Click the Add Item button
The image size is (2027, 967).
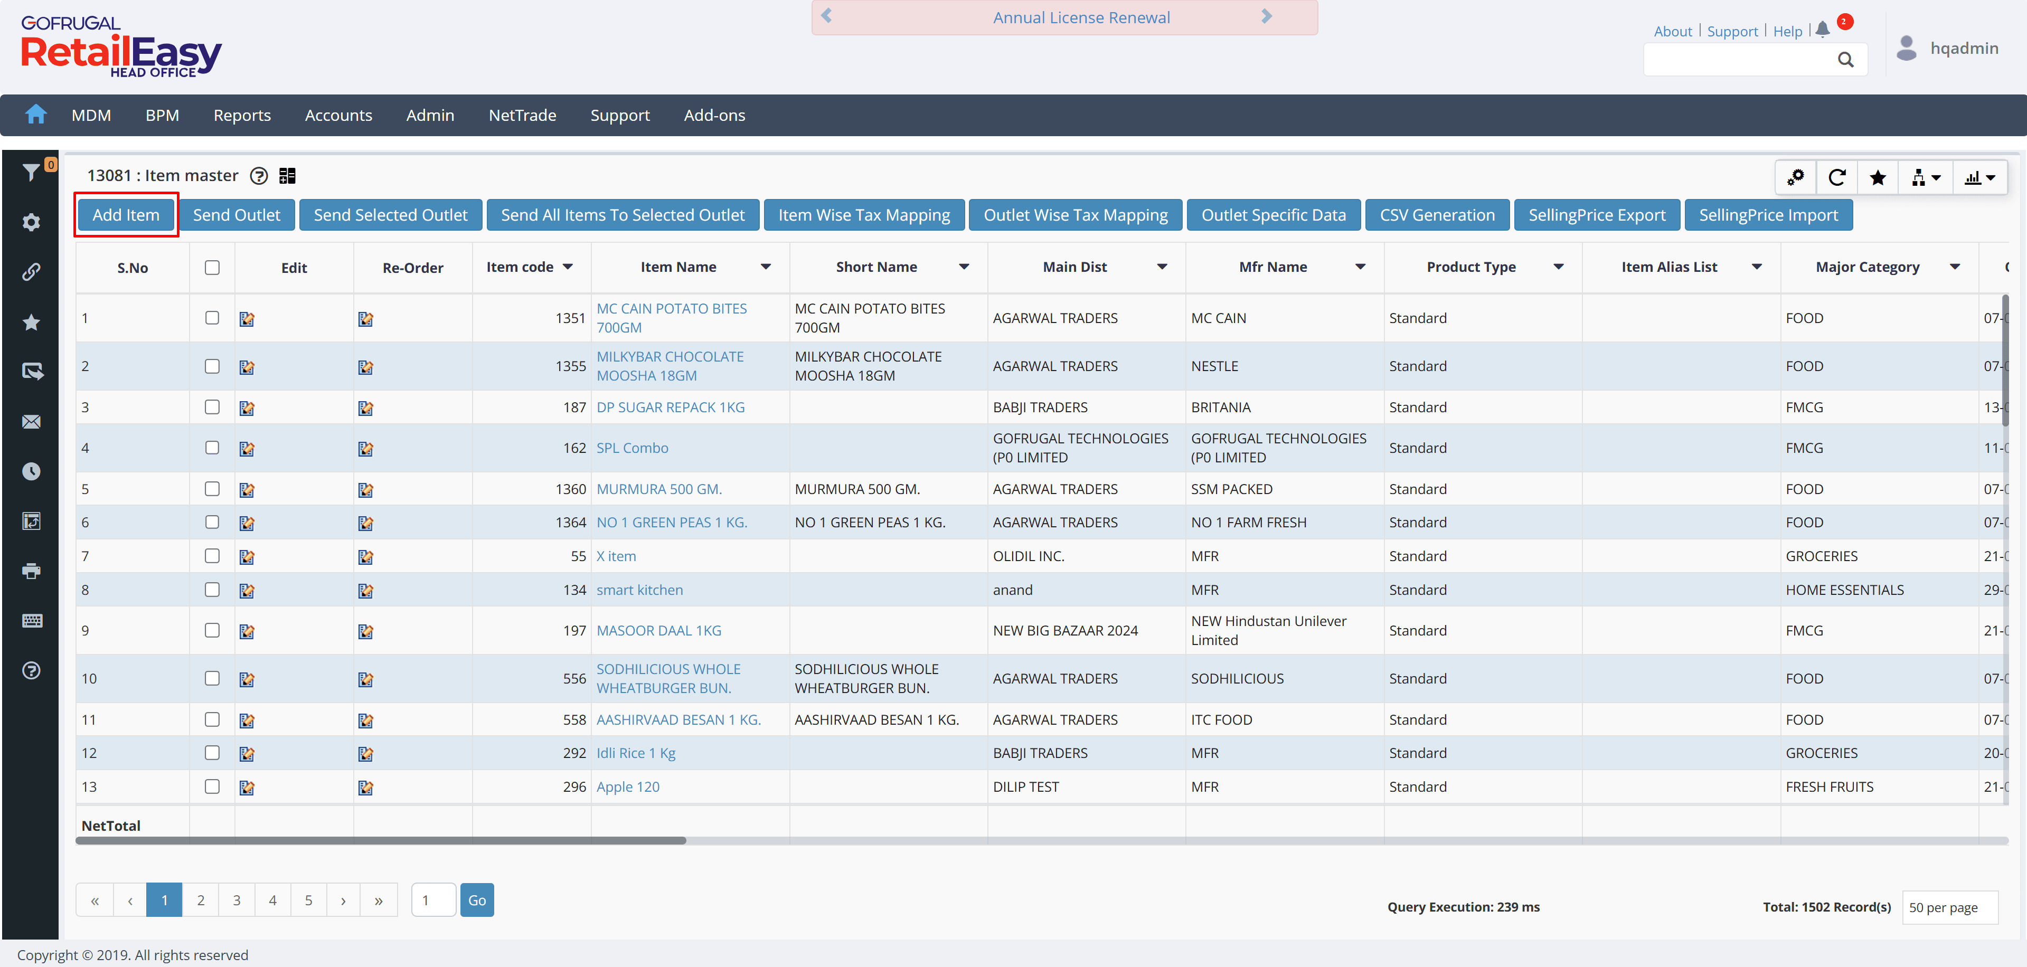tap(126, 215)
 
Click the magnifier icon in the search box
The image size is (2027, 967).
tap(1845, 60)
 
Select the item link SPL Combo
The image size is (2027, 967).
tap(632, 448)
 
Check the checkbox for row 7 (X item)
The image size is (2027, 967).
tap(212, 555)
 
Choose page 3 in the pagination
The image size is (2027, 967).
tap(236, 900)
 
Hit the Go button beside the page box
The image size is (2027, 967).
tap(477, 900)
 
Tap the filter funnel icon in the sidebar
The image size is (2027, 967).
tap(31, 172)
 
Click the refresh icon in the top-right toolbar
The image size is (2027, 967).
tap(1836, 178)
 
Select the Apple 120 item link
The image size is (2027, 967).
tap(627, 787)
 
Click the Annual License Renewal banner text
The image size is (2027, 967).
tap(1081, 17)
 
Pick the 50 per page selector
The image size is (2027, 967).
tap(1949, 907)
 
